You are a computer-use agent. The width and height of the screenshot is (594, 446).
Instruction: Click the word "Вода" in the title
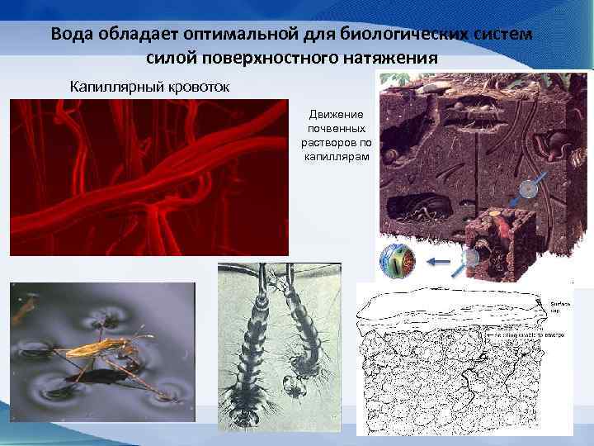(x=71, y=36)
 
